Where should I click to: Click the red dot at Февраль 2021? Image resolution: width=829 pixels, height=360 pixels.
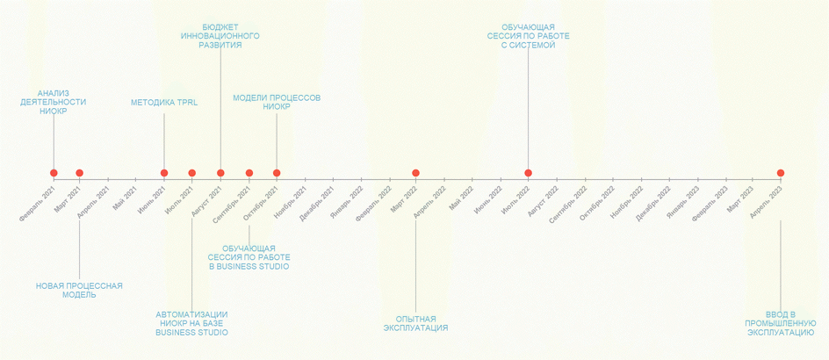coord(54,173)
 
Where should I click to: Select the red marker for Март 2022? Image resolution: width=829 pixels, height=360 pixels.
coord(415,173)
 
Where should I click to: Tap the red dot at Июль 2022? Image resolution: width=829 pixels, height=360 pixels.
coord(528,173)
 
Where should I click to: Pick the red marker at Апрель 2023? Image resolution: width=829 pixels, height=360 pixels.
coord(780,173)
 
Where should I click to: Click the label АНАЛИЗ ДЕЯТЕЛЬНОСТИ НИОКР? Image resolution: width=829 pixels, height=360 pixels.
coord(53,102)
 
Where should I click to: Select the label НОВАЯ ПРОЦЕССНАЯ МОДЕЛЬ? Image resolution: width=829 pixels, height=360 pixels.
coord(79,290)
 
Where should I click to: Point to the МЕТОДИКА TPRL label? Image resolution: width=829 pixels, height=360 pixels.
coord(164,103)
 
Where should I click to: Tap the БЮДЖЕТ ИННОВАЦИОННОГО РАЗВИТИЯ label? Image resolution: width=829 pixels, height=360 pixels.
coord(220,36)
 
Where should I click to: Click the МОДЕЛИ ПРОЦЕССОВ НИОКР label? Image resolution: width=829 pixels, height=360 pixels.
coord(277,102)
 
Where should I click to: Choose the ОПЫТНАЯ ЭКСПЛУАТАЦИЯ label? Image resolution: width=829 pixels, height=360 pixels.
coord(415,323)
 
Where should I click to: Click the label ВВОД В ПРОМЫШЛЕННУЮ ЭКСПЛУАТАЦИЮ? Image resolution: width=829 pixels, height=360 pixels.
coord(780,323)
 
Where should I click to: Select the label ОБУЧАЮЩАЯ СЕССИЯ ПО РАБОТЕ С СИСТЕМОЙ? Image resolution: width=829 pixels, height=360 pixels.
coord(528,36)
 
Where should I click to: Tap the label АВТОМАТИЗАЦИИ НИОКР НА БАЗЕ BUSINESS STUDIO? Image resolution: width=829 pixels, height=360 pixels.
coord(191,323)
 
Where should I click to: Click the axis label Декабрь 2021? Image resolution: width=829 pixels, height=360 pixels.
coord(317,202)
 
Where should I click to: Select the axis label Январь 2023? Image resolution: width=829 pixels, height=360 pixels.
coord(682,202)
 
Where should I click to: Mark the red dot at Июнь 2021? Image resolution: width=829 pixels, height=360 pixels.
coord(164,173)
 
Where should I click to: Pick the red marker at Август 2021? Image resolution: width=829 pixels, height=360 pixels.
coord(220,173)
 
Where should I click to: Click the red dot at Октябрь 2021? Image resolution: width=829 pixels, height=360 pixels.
coord(277,173)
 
